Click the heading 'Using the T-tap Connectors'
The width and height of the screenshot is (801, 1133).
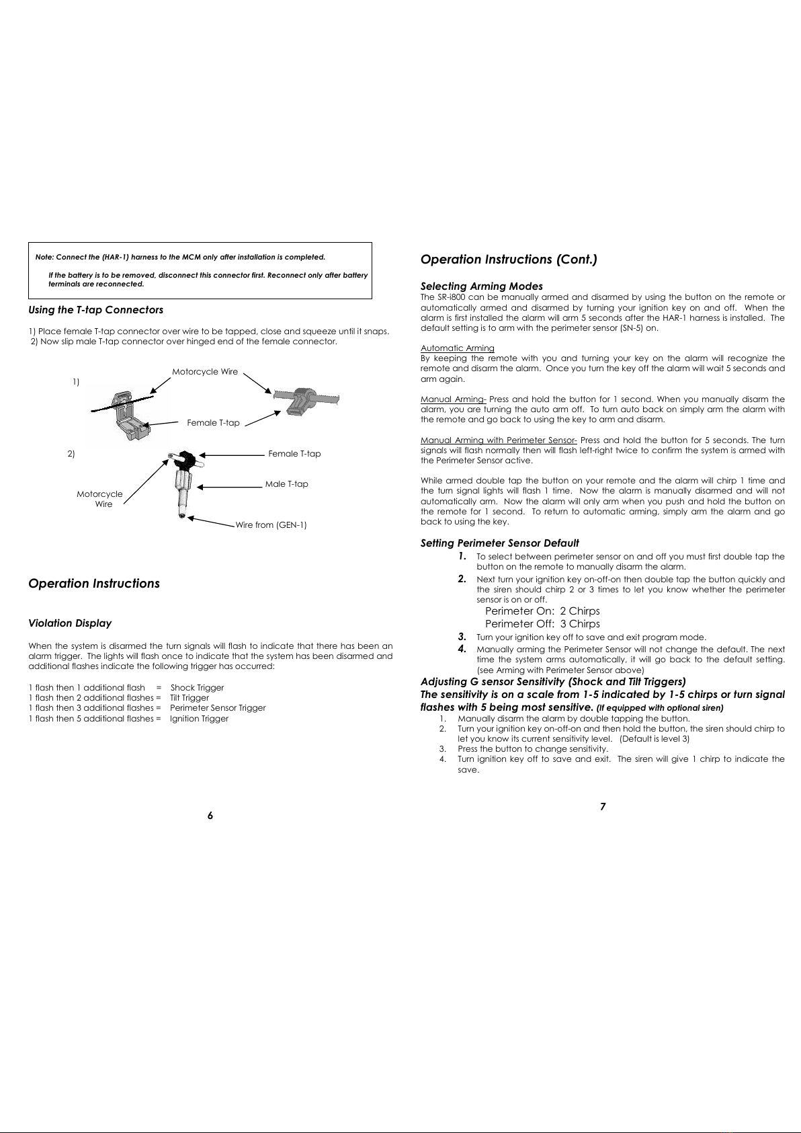[95, 310]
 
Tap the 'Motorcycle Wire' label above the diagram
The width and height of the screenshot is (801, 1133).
[205, 372]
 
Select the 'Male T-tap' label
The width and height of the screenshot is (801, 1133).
[287, 484]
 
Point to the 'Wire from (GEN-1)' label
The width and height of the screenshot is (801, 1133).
[271, 524]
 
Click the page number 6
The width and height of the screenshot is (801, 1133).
[210, 815]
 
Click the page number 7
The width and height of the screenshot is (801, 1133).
[603, 806]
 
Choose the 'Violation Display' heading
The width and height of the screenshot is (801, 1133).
[70, 623]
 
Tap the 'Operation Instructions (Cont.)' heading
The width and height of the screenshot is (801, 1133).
[509, 260]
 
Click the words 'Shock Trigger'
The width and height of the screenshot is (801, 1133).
[197, 688]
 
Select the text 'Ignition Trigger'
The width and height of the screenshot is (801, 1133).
[199, 719]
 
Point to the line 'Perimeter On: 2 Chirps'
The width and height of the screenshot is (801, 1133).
[542, 611]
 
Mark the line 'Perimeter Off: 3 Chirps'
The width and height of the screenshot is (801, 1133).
[542, 624]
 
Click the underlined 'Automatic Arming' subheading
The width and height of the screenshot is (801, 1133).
[457, 348]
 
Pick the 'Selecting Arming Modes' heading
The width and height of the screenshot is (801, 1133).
[481, 286]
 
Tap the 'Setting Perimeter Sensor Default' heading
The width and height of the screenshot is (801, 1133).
[499, 543]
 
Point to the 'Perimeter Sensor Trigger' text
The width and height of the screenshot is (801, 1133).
[218, 708]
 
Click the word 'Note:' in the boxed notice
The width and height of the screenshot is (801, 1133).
[44, 258]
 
